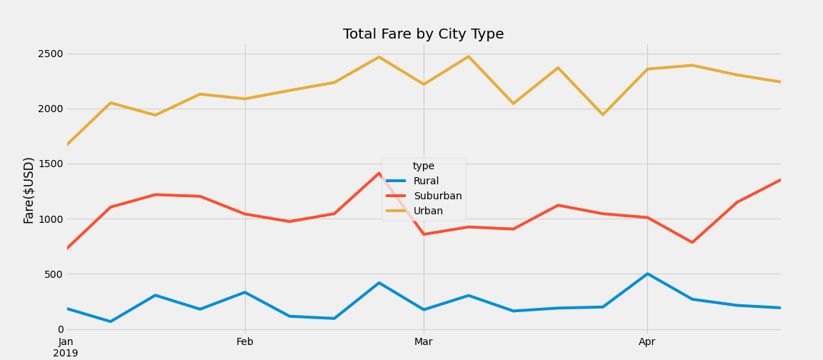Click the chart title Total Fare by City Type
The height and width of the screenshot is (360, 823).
point(423,34)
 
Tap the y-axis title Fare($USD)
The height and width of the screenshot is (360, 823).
point(29,190)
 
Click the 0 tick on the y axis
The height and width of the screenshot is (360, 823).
point(61,329)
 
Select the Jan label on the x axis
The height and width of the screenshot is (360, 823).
point(66,342)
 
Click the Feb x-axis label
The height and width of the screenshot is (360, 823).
point(245,342)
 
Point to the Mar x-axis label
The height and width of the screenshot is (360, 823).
point(424,342)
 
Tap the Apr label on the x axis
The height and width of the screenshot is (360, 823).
point(647,342)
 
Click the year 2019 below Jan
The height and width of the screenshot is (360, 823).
point(66,353)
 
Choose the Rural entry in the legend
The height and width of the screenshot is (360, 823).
point(426,181)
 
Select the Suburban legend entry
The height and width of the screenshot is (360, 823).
point(437,196)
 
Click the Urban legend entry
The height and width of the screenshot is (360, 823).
point(428,211)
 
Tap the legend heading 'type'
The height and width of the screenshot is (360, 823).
point(424,166)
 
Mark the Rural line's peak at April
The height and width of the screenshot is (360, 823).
point(647,274)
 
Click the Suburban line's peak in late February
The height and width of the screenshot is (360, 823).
point(379,173)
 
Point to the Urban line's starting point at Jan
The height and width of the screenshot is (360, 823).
point(66,145)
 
